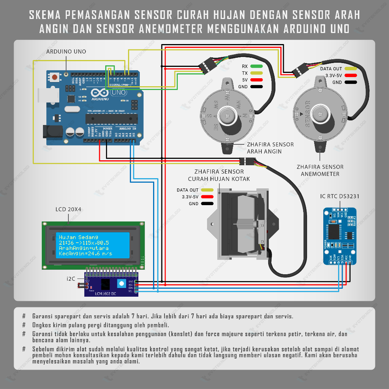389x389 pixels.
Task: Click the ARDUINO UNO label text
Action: coord(66,52)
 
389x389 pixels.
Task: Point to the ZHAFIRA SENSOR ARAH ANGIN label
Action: coord(270,148)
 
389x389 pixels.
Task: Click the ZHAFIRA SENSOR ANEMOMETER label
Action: coord(320,170)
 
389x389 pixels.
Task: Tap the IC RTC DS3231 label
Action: coord(340,196)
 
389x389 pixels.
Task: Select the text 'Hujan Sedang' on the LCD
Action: coord(79,237)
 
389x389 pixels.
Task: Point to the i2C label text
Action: coord(71,279)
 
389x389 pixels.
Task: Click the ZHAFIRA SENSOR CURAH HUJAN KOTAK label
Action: coord(219,175)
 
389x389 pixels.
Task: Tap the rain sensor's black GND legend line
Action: coord(207,204)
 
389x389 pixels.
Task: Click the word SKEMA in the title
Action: coord(45,15)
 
